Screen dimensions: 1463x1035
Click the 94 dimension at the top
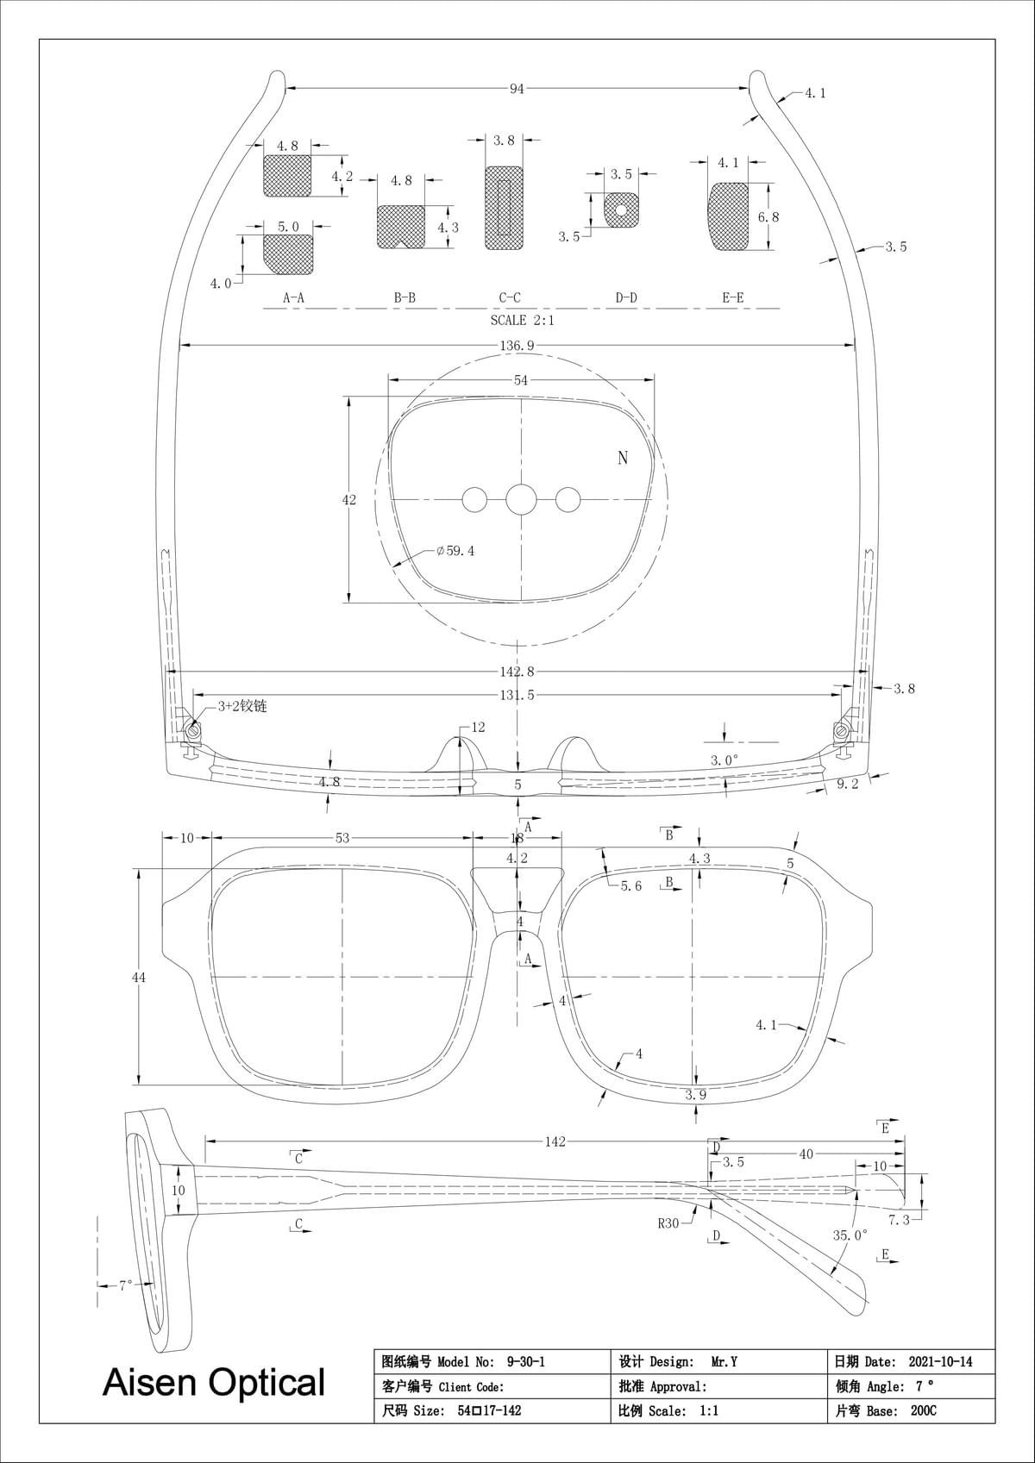(516, 88)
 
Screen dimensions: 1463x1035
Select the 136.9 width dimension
(517, 346)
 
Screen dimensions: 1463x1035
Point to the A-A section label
(293, 298)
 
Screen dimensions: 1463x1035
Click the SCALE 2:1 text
(522, 321)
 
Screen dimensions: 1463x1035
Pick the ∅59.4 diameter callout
(455, 551)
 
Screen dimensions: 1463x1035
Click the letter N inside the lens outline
(623, 458)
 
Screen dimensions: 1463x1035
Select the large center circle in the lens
(521, 499)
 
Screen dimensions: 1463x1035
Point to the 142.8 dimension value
(517, 672)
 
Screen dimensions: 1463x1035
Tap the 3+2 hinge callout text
(241, 706)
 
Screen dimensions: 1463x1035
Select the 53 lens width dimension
(342, 838)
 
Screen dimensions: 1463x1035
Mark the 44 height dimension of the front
(139, 977)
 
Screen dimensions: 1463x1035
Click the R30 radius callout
(668, 1223)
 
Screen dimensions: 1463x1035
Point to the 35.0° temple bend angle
(849, 1235)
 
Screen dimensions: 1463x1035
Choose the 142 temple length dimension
(555, 1141)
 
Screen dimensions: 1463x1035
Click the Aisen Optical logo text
(213, 1382)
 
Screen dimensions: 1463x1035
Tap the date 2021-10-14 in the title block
(940, 1362)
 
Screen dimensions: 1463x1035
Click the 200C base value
(923, 1410)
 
